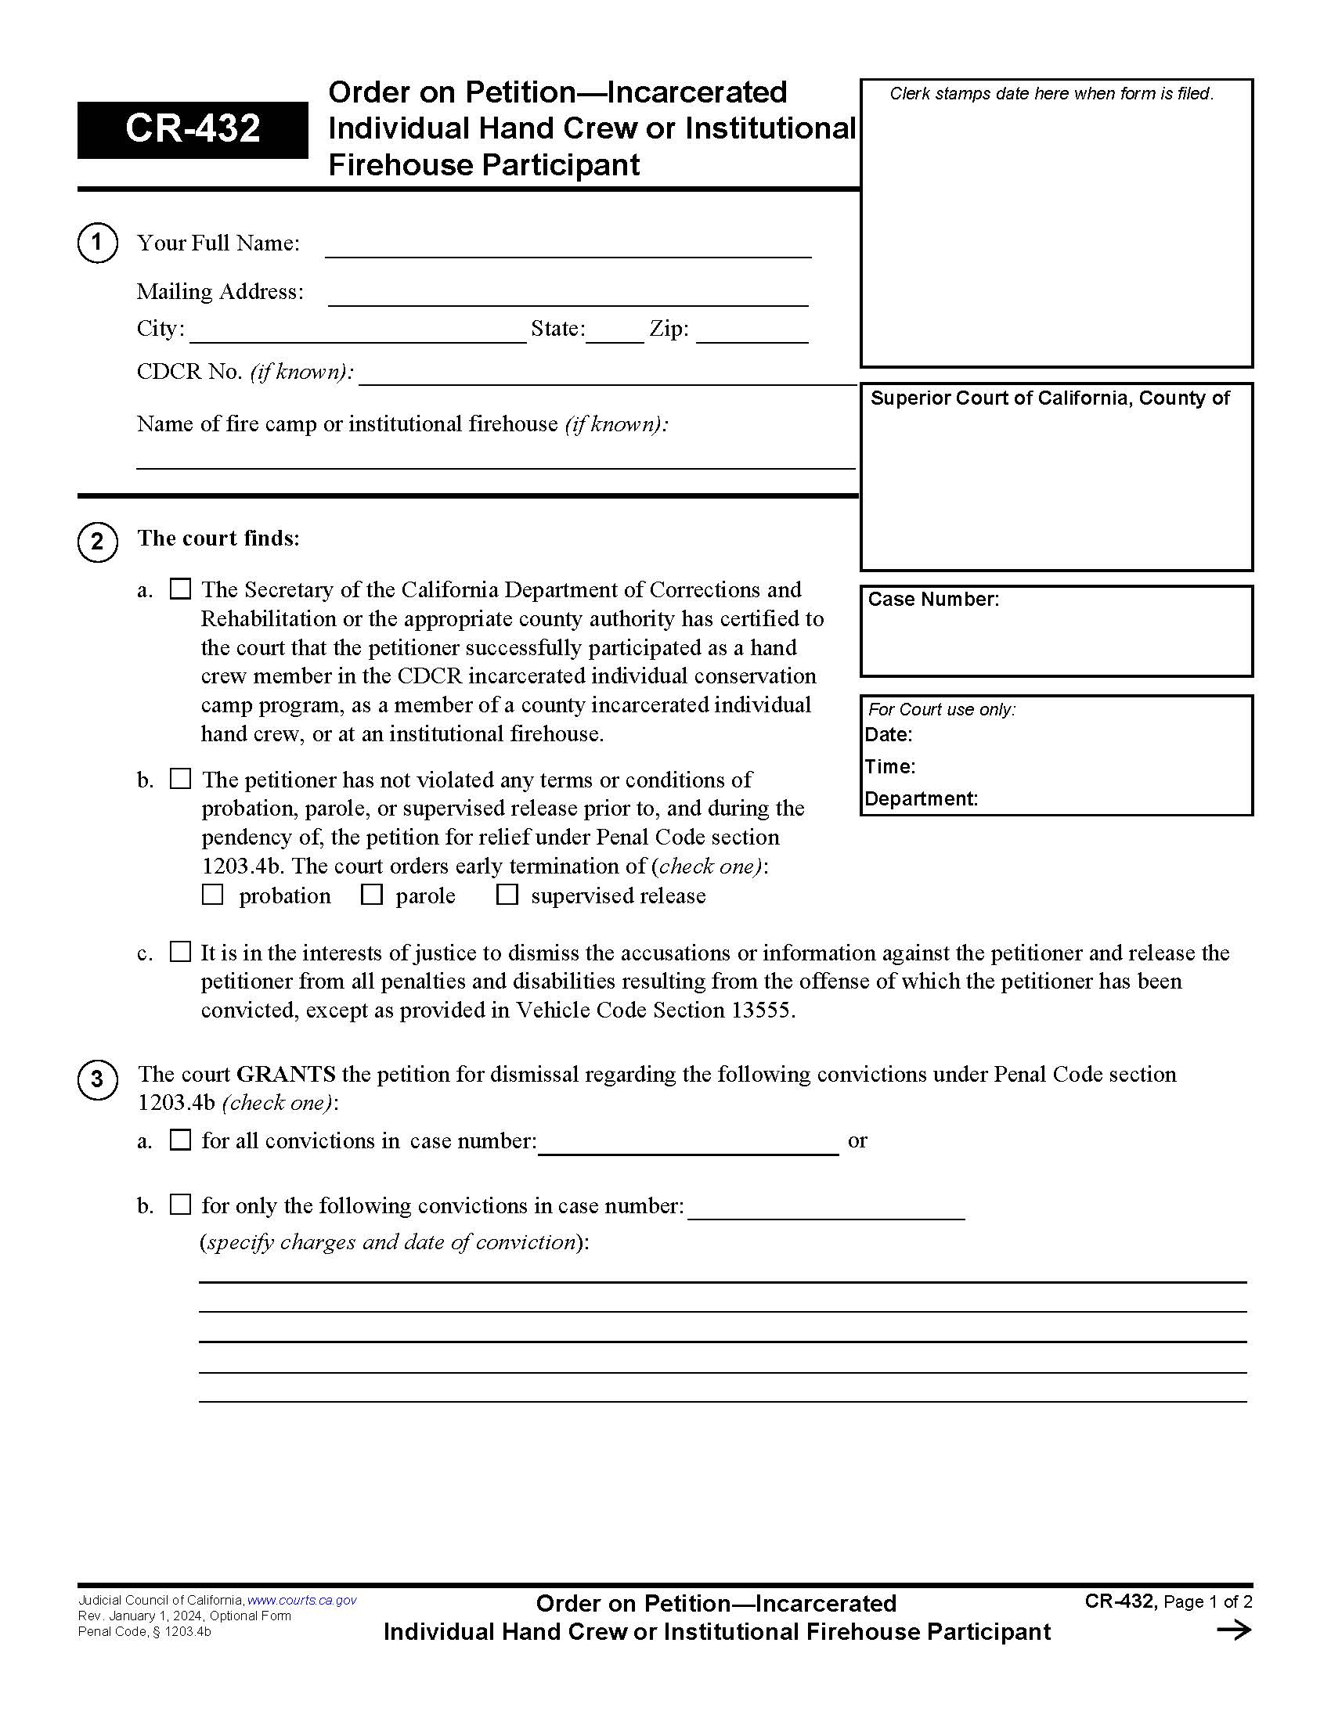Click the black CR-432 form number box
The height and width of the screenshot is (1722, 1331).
pos(193,129)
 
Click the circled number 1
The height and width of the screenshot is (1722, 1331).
pos(97,243)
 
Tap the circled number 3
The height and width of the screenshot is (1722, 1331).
pos(97,1079)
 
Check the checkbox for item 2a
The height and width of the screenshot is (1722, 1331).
pos(181,589)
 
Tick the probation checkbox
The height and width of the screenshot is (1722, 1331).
pos(213,895)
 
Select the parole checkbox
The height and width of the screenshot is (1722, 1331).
pos(371,895)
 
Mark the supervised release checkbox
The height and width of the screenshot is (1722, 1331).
pos(507,895)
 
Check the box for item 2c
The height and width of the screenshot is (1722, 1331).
pos(181,952)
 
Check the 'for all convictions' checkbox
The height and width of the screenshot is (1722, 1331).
pos(181,1140)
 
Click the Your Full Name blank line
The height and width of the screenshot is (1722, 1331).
pos(568,249)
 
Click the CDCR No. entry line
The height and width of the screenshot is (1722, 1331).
pos(607,377)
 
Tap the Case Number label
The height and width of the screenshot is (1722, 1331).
pos(932,600)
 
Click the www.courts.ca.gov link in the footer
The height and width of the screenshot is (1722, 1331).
pos(302,1601)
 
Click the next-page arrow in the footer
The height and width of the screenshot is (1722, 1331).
pos(1234,1630)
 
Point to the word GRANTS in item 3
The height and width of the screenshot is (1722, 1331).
pos(287,1074)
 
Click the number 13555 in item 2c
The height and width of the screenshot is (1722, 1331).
pos(760,1010)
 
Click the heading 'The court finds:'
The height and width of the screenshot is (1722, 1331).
pos(218,539)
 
